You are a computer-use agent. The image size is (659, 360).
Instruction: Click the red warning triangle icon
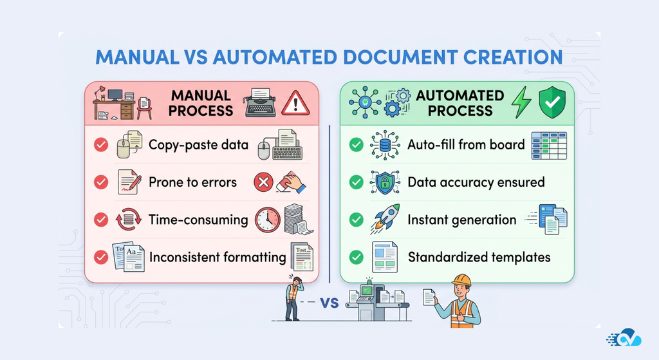pyautogui.click(x=295, y=102)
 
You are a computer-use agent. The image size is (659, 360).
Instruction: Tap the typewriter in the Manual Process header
pyautogui.click(x=261, y=104)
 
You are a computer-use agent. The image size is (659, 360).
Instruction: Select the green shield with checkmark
pyautogui.click(x=552, y=104)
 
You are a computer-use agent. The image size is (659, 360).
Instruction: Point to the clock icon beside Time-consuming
pyautogui.click(x=267, y=220)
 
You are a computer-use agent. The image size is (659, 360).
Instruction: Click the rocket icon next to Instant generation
pyautogui.click(x=385, y=218)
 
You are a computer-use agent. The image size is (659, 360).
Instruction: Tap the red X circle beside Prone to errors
pyautogui.click(x=264, y=182)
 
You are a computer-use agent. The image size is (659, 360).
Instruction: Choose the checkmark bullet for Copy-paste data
pyautogui.click(x=101, y=145)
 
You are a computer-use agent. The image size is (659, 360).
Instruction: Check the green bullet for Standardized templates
pyautogui.click(x=356, y=257)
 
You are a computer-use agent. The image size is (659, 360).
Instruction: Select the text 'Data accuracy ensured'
pyautogui.click(x=476, y=182)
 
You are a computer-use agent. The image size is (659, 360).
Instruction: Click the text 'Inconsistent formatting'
pyautogui.click(x=218, y=257)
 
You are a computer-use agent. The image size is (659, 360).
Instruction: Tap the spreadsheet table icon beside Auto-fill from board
pyautogui.click(x=548, y=145)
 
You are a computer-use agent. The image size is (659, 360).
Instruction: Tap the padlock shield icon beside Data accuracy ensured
pyautogui.click(x=385, y=182)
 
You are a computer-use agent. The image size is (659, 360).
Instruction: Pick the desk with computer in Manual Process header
pyautogui.click(x=114, y=103)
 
